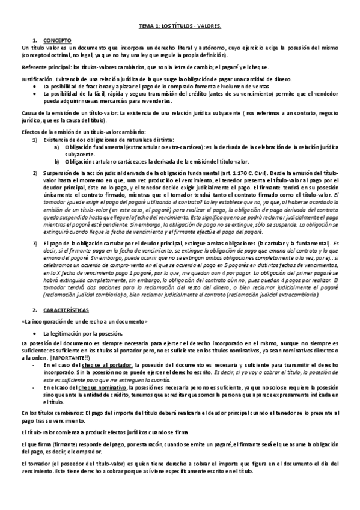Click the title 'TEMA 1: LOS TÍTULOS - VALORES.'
180,26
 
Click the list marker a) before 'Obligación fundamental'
56,147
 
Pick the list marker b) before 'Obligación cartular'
56,161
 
